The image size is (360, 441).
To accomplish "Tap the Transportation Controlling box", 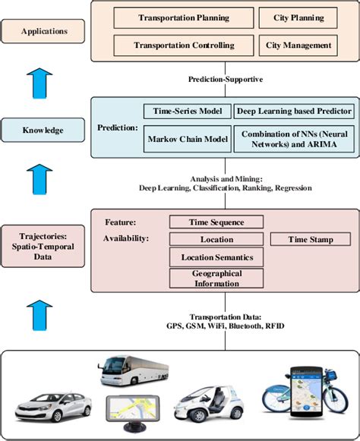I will [184, 45].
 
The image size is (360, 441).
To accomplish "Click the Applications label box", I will [43, 32].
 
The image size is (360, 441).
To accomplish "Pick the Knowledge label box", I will [43, 131].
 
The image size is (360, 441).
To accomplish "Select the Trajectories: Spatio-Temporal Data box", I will [43, 245].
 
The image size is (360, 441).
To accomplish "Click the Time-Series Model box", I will [186, 112].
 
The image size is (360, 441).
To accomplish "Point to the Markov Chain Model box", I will [186, 138].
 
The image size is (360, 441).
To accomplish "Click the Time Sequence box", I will [216, 222].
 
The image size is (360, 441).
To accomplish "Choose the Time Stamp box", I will [310, 239].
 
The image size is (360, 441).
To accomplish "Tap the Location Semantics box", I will [216, 257].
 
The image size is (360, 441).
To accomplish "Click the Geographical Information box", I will [216, 279].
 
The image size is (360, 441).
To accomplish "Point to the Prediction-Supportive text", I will [226, 79].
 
